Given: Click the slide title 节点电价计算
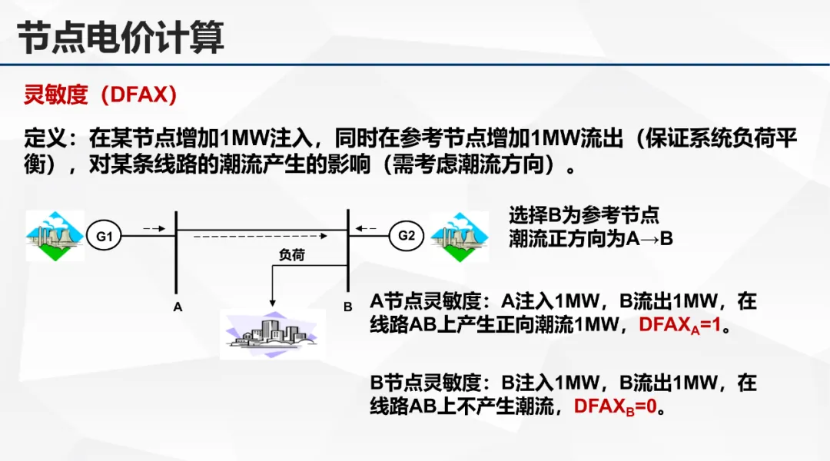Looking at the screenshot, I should click(x=121, y=36).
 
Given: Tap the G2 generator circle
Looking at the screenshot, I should click(x=407, y=236).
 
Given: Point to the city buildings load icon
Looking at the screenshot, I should click(x=272, y=334).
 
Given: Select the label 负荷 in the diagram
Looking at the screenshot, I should click(x=291, y=255).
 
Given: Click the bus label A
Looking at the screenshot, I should click(x=178, y=307).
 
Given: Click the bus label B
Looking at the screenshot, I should click(x=347, y=307).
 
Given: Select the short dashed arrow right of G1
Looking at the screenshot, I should click(x=153, y=228).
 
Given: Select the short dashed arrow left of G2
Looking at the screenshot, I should click(x=367, y=228).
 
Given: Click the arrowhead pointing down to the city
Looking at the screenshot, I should click(x=271, y=302).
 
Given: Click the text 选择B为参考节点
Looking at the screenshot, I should click(x=584, y=215).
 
